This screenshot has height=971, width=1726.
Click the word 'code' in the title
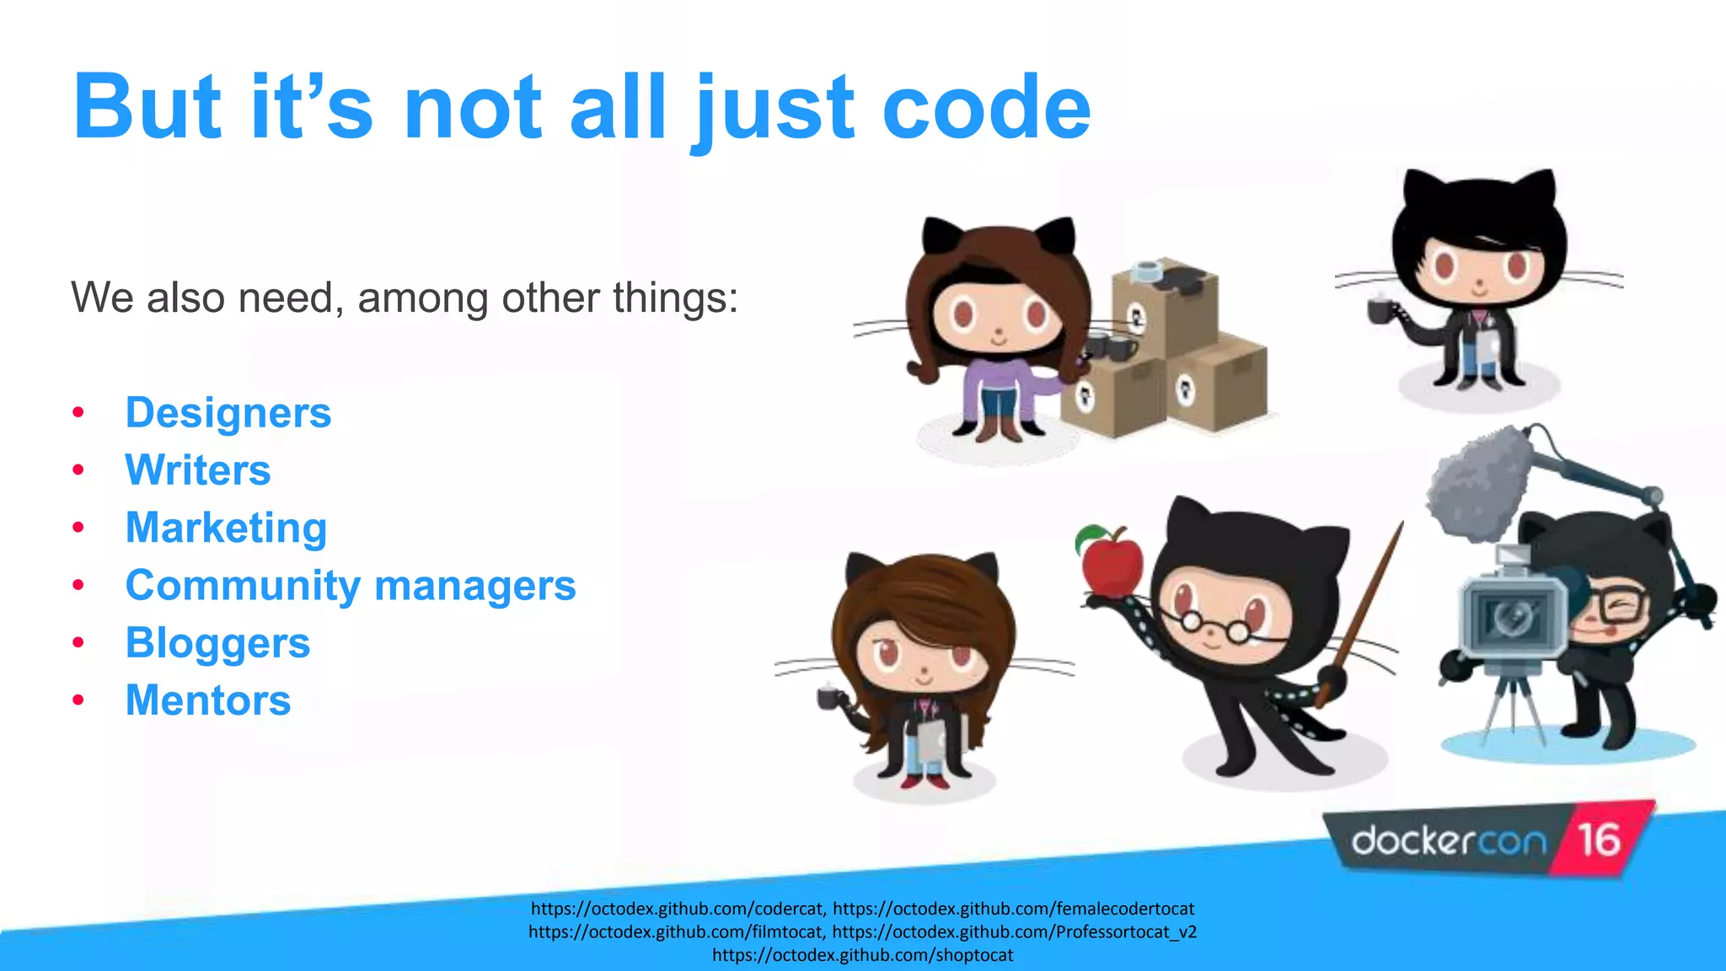(x=986, y=108)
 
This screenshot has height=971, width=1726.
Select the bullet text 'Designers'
(x=228, y=413)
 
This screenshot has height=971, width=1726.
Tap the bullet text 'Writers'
(x=198, y=470)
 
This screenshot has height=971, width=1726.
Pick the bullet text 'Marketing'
(x=226, y=528)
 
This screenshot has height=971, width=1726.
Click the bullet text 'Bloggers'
(x=217, y=643)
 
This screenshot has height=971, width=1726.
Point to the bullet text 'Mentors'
(x=208, y=700)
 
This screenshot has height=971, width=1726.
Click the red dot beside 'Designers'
(x=78, y=413)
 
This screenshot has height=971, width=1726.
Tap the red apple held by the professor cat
(x=1112, y=563)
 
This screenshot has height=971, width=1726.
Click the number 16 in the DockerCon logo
(x=1599, y=840)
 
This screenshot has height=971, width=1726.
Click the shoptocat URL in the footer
(x=862, y=955)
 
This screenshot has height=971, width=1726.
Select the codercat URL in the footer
(x=677, y=909)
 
